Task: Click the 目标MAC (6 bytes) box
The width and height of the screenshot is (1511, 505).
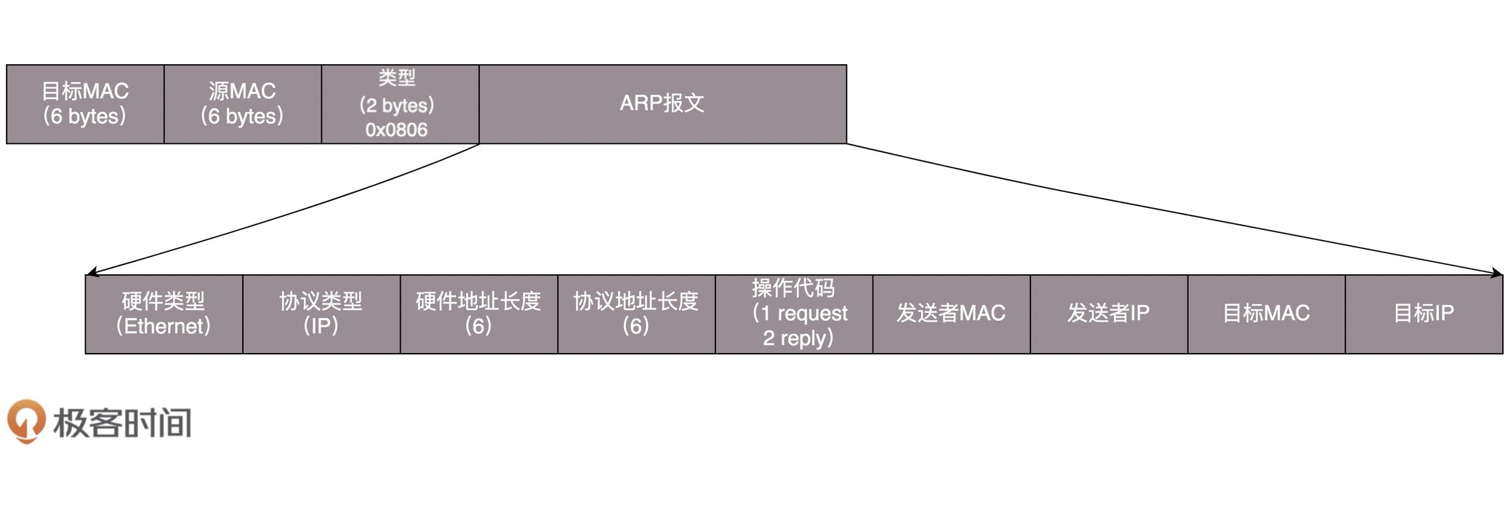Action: tap(85, 104)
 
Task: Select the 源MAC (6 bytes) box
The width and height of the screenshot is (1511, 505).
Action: tap(242, 104)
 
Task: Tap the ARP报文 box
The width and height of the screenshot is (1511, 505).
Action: tap(662, 104)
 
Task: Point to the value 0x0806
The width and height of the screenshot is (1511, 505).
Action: tap(396, 130)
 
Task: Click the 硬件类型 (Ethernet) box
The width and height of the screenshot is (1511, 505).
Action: tap(164, 314)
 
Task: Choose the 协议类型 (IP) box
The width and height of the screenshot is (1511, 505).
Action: tap(321, 314)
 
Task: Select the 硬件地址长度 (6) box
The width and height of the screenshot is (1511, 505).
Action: tap(478, 314)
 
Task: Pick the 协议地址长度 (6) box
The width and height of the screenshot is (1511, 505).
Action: tap(636, 314)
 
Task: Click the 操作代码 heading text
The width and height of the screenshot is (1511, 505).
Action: tap(793, 288)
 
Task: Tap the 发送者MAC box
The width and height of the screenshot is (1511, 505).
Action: tap(951, 314)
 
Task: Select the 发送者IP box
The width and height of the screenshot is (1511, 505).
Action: tap(1108, 314)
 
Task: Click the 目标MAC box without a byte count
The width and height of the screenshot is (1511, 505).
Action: tap(1266, 314)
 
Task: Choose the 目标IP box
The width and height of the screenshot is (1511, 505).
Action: tap(1424, 314)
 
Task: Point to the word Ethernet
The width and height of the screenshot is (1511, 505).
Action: tap(167, 326)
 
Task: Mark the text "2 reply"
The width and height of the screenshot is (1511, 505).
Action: tap(794, 338)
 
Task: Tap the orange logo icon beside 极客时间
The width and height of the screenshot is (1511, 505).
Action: tap(26, 421)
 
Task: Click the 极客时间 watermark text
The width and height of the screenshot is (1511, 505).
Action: tap(122, 423)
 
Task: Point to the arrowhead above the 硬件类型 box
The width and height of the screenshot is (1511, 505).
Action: tap(90, 273)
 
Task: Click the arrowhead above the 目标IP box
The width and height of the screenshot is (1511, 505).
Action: tap(1497, 273)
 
